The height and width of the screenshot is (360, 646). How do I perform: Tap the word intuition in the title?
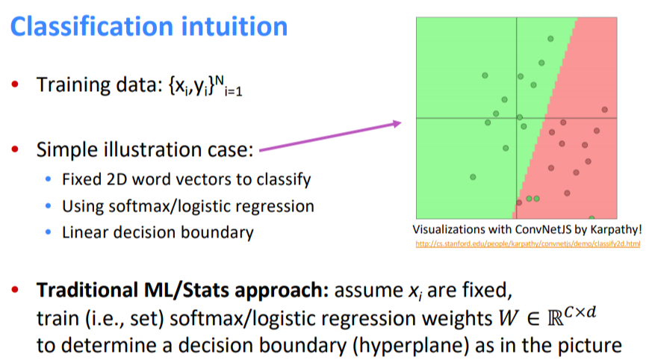(x=240, y=27)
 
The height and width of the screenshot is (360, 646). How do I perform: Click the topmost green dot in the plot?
(x=550, y=39)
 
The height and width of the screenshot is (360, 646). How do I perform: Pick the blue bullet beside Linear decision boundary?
(x=49, y=233)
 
